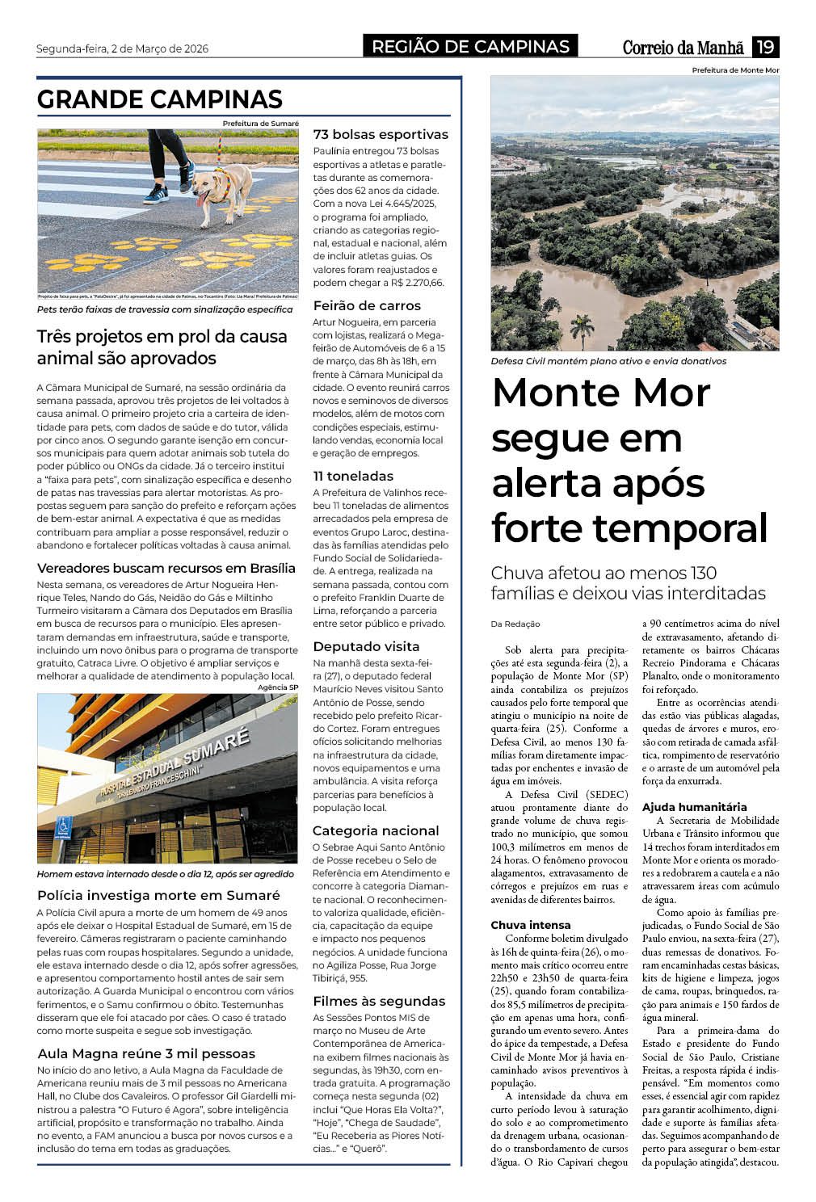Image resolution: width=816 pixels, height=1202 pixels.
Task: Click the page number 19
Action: coord(765,47)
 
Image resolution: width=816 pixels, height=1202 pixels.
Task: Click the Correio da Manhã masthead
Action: coord(683,48)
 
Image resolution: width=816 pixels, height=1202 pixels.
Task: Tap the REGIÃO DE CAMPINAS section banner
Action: coord(470,47)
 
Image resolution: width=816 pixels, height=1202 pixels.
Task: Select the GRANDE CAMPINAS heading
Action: coord(159,99)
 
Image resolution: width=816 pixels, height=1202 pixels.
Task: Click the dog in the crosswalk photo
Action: coord(221,192)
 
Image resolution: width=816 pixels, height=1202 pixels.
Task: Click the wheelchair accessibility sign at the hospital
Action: coord(64,827)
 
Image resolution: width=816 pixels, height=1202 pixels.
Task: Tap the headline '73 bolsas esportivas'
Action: coord(380,135)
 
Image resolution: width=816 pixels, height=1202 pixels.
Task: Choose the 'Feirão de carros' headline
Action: coord(367,305)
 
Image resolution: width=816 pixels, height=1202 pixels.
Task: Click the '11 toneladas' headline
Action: coord(353,476)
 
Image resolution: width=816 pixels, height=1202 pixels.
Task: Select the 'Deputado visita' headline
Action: coord(366,646)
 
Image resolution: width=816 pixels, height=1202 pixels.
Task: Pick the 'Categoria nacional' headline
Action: coord(376,830)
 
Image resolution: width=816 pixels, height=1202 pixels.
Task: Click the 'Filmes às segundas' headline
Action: coord(379,1001)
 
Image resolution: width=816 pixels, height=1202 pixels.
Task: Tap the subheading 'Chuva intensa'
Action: coord(530,925)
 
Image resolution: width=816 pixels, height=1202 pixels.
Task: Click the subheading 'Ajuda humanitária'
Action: coord(694,807)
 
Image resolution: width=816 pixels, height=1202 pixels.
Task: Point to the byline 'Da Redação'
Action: coord(515,624)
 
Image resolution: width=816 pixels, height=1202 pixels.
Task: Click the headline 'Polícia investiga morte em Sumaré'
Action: coord(158,895)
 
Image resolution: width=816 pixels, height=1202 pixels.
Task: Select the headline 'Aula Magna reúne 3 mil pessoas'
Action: coord(146,1053)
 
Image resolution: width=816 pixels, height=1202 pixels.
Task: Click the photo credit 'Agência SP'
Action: coord(277,687)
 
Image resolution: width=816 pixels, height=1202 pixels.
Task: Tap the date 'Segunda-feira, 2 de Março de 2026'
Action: coord(122,48)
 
